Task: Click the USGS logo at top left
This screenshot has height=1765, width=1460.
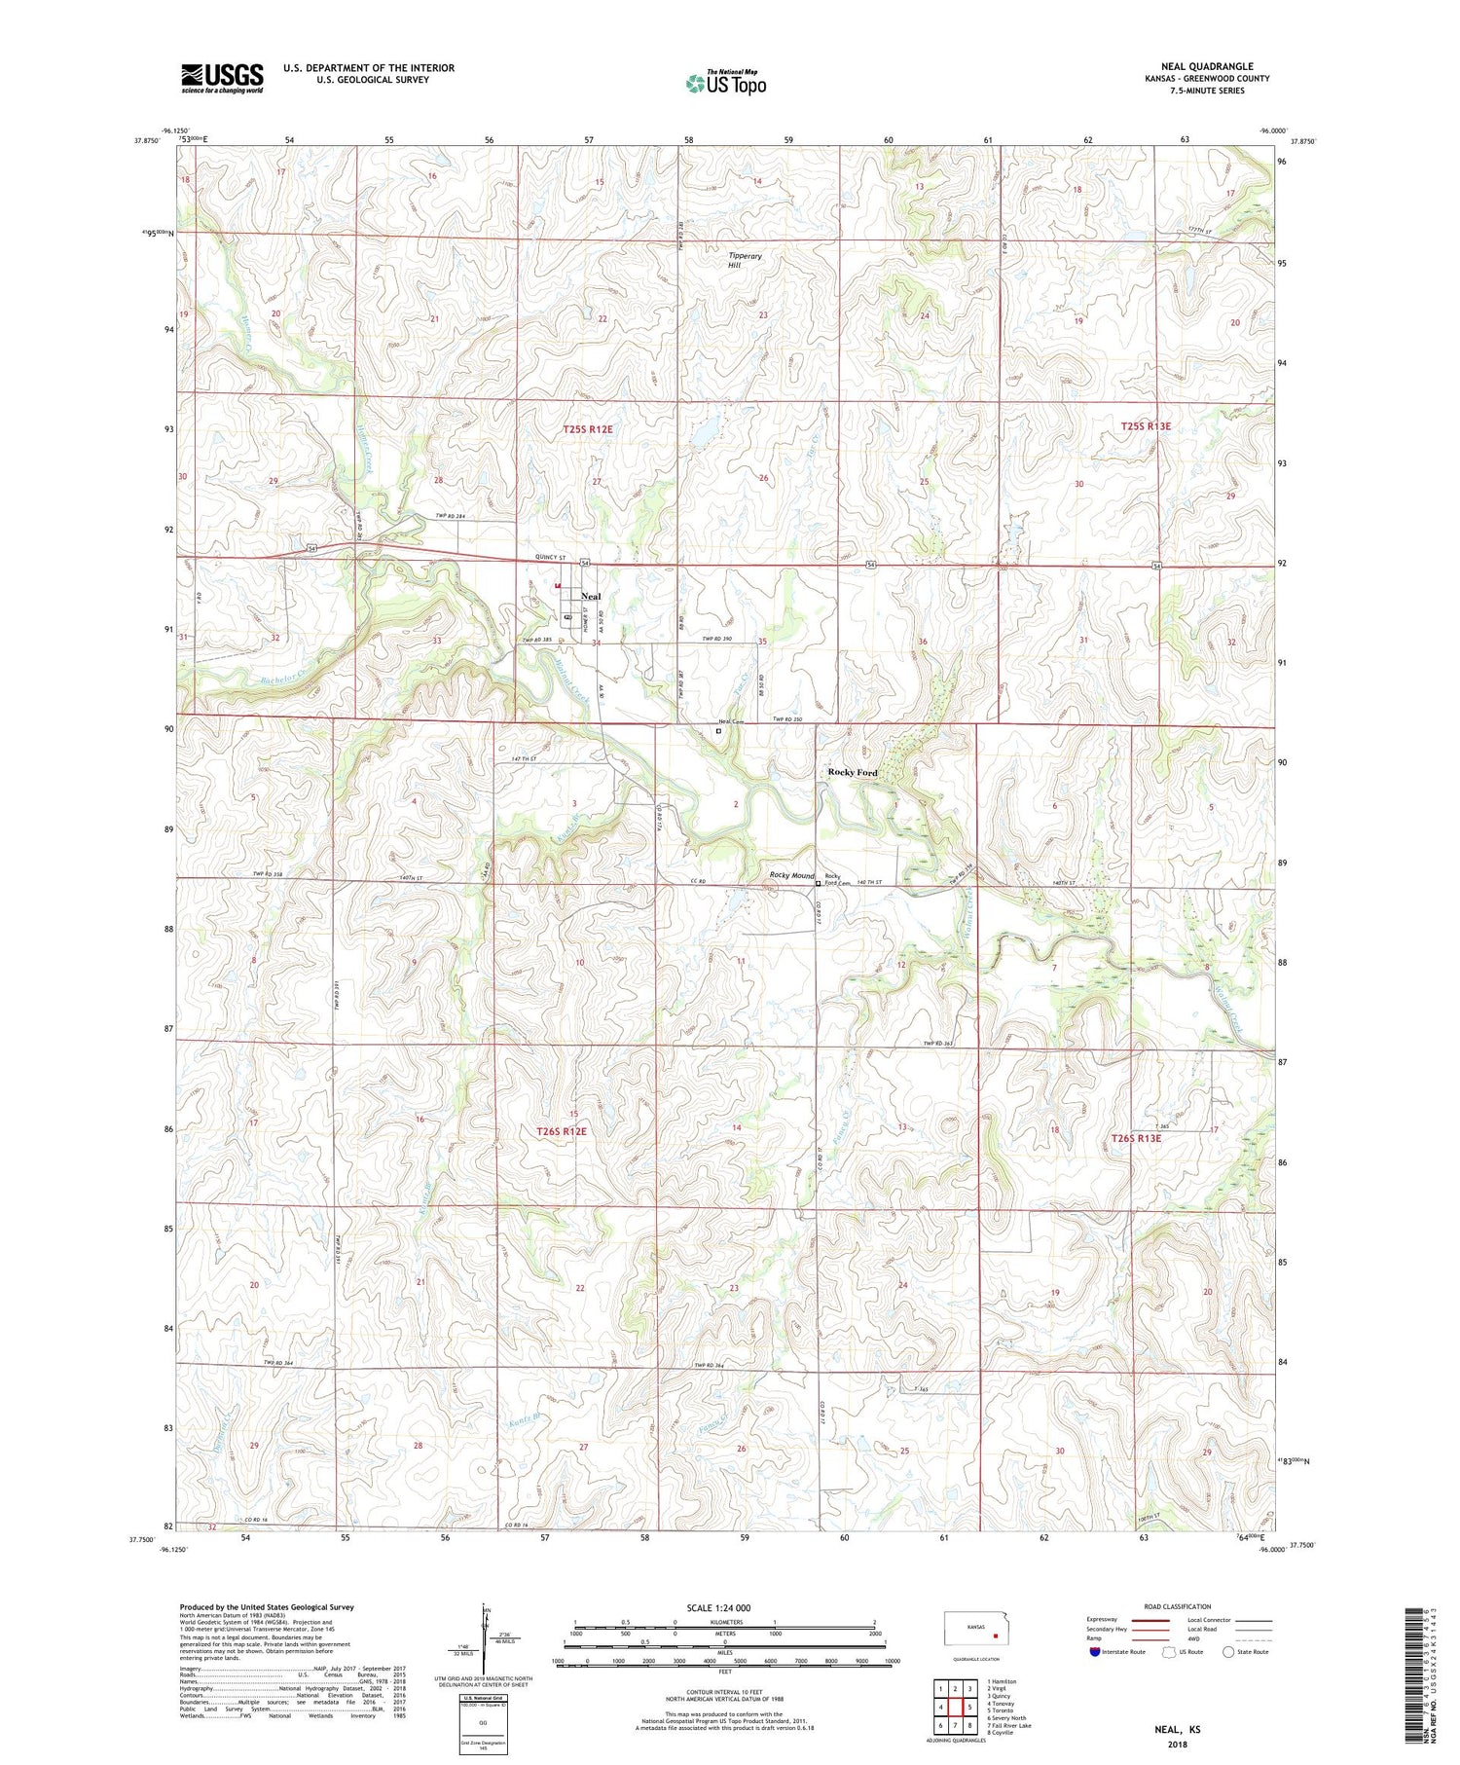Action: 222,78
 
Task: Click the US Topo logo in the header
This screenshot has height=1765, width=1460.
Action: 725,84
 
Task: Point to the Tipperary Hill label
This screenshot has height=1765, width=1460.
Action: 745,260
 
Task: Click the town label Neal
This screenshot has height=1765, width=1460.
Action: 590,596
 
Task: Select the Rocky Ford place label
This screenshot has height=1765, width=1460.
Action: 852,772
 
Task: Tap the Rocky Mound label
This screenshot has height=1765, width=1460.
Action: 791,875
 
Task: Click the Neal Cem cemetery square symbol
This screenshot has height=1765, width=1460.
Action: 719,730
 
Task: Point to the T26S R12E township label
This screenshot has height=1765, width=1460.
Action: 562,1131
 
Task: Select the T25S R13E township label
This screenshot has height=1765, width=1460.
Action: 1146,426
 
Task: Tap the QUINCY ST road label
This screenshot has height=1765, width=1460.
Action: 550,557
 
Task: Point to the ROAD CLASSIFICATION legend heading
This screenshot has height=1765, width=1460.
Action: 1178,1606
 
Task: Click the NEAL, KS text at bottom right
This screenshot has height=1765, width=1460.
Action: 1177,1729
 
